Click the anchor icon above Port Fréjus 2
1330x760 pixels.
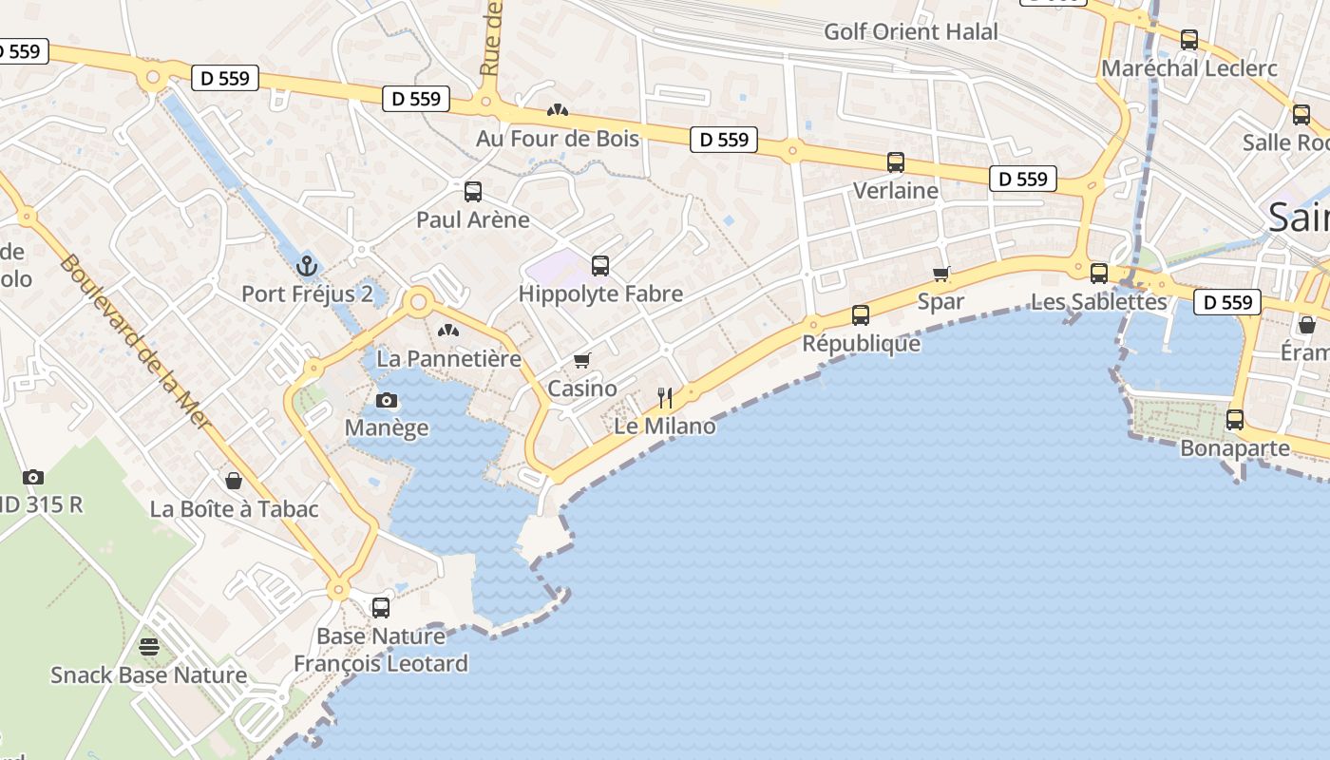pos(306,265)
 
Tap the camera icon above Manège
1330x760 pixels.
pos(387,400)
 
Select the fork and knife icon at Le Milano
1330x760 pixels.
pos(665,398)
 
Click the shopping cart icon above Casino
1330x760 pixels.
pos(581,361)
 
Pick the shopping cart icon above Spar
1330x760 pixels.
pos(941,274)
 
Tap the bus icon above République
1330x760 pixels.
pos(861,314)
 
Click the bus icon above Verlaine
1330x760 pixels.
pos(896,162)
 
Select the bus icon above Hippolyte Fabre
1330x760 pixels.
pos(600,266)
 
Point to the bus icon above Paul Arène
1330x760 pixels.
pos(473,192)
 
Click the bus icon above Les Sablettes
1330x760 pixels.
pos(1099,274)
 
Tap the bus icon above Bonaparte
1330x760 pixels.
pos(1235,420)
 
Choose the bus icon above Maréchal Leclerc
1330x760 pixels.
pos(1189,40)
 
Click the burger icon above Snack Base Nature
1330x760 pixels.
pos(149,647)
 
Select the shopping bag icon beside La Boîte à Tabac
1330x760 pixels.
pos(234,482)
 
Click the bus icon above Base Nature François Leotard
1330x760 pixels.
pos(381,608)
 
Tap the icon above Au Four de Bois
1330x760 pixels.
pos(558,110)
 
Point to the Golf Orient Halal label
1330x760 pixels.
pos(910,31)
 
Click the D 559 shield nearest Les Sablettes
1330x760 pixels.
pos(1227,302)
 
